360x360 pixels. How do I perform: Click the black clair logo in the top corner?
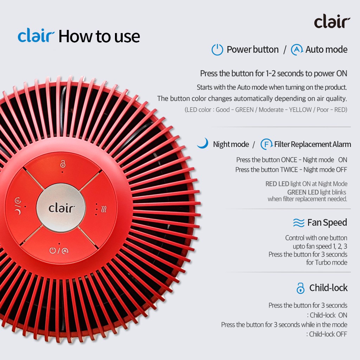pos(332,21)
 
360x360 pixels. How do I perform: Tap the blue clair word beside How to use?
pos(36,36)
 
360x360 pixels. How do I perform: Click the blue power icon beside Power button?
pos(217,50)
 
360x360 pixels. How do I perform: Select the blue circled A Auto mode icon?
pos(297,50)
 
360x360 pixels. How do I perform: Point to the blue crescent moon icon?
pos(204,143)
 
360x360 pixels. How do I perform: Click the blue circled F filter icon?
pos(266,144)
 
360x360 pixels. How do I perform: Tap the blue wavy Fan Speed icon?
pos(298,223)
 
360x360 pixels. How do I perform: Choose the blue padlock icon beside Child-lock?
pos(300,288)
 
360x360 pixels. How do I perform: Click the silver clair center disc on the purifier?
pos(61,208)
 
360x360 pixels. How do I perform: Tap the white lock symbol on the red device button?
pos(63,164)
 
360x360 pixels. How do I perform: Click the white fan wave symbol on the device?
pos(104,209)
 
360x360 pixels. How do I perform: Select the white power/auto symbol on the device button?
pos(59,250)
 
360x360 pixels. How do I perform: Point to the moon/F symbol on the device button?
pos(18,206)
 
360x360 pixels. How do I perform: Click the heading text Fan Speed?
pos(327,223)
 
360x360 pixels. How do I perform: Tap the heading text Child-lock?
pos(328,288)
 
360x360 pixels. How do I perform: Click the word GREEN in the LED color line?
pos(244,110)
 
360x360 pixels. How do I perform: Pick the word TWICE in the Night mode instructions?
pos(289,170)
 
